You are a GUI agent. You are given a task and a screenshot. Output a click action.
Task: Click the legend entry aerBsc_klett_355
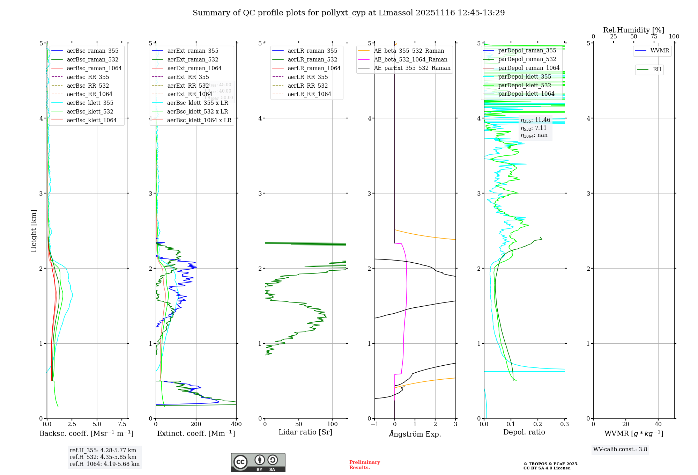(90, 103)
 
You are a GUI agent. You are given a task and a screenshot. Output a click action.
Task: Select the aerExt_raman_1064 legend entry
(194, 68)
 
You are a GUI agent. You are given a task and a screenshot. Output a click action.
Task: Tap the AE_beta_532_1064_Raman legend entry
(410, 60)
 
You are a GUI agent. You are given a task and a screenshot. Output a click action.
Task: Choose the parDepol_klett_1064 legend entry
(526, 94)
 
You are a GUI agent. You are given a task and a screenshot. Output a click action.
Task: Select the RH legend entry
(657, 70)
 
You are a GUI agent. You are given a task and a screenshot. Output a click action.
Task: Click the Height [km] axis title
(34, 231)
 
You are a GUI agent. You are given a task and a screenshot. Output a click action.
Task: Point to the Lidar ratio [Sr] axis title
(305, 432)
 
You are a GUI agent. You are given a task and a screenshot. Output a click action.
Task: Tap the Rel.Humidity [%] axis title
(633, 30)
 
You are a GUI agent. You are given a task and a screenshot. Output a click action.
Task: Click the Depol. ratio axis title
(524, 432)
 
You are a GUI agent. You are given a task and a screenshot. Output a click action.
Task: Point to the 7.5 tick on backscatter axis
(122, 424)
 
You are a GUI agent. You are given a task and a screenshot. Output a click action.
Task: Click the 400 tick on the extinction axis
(236, 424)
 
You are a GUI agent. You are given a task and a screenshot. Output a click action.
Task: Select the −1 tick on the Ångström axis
(374, 424)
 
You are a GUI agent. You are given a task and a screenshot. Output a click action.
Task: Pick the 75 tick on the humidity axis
(654, 37)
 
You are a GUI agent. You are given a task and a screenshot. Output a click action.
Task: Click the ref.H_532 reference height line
(103, 457)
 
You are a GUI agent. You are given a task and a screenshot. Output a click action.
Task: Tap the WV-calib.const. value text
(620, 450)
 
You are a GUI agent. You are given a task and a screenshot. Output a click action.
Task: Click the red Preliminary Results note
(364, 465)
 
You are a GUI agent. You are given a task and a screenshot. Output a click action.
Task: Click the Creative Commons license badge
(258, 463)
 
